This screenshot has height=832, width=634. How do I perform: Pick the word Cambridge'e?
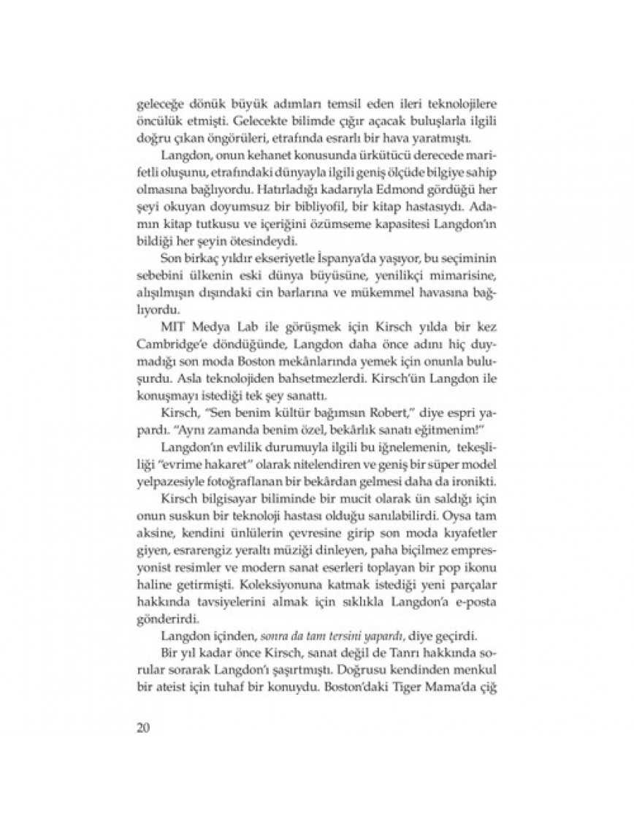(x=167, y=340)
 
